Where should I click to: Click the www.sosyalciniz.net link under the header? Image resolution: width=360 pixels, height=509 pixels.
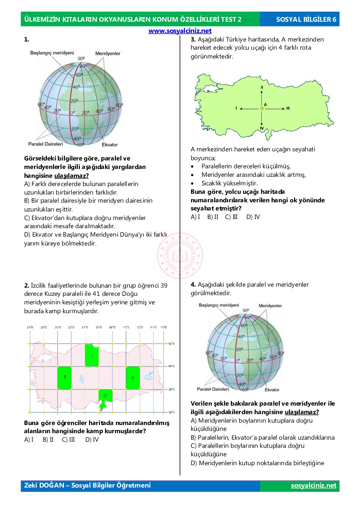point(180,31)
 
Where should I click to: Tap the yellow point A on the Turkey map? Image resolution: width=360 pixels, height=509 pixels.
point(262,108)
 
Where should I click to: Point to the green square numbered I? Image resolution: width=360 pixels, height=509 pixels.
point(92,355)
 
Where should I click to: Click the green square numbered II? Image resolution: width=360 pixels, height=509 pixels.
point(65,377)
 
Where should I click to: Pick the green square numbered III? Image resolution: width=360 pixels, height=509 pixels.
point(133,378)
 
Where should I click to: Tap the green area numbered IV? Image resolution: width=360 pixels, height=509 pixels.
point(105,396)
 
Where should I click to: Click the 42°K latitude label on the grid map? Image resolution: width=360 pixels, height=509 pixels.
point(171,344)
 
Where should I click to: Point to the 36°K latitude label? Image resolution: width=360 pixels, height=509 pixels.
point(171,412)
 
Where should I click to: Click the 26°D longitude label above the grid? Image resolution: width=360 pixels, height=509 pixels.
point(30,327)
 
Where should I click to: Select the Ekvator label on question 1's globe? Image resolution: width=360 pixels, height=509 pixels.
point(110,145)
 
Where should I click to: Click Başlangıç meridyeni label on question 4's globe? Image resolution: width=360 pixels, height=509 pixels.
point(219,305)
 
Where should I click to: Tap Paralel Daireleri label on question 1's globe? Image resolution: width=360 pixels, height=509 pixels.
point(46,144)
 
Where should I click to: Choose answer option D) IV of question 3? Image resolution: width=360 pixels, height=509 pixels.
point(253,217)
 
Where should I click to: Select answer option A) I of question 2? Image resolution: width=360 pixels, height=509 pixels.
point(29,440)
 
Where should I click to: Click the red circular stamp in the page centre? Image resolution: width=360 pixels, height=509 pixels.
point(180,256)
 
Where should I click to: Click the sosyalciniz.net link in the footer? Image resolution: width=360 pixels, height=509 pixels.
point(313,486)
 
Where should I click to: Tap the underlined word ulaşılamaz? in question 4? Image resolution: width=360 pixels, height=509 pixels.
point(302,412)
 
